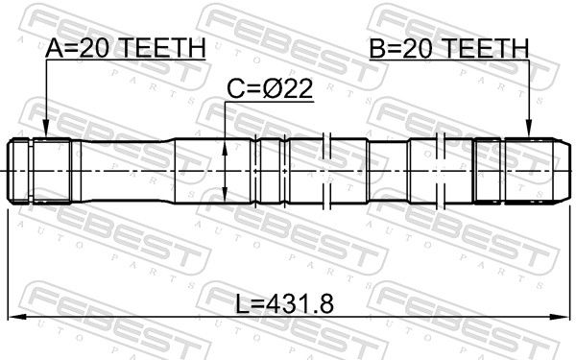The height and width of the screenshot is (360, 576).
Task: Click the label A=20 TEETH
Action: tap(125, 48)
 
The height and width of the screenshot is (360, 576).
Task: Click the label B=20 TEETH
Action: tap(449, 48)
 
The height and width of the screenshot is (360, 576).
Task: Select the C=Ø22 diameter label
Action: tap(270, 89)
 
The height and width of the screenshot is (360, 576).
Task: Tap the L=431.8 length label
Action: tap(285, 304)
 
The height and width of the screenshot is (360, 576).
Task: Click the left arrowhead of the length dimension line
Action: tap(17, 316)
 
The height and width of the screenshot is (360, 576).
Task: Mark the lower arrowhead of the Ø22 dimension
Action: tap(225, 193)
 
